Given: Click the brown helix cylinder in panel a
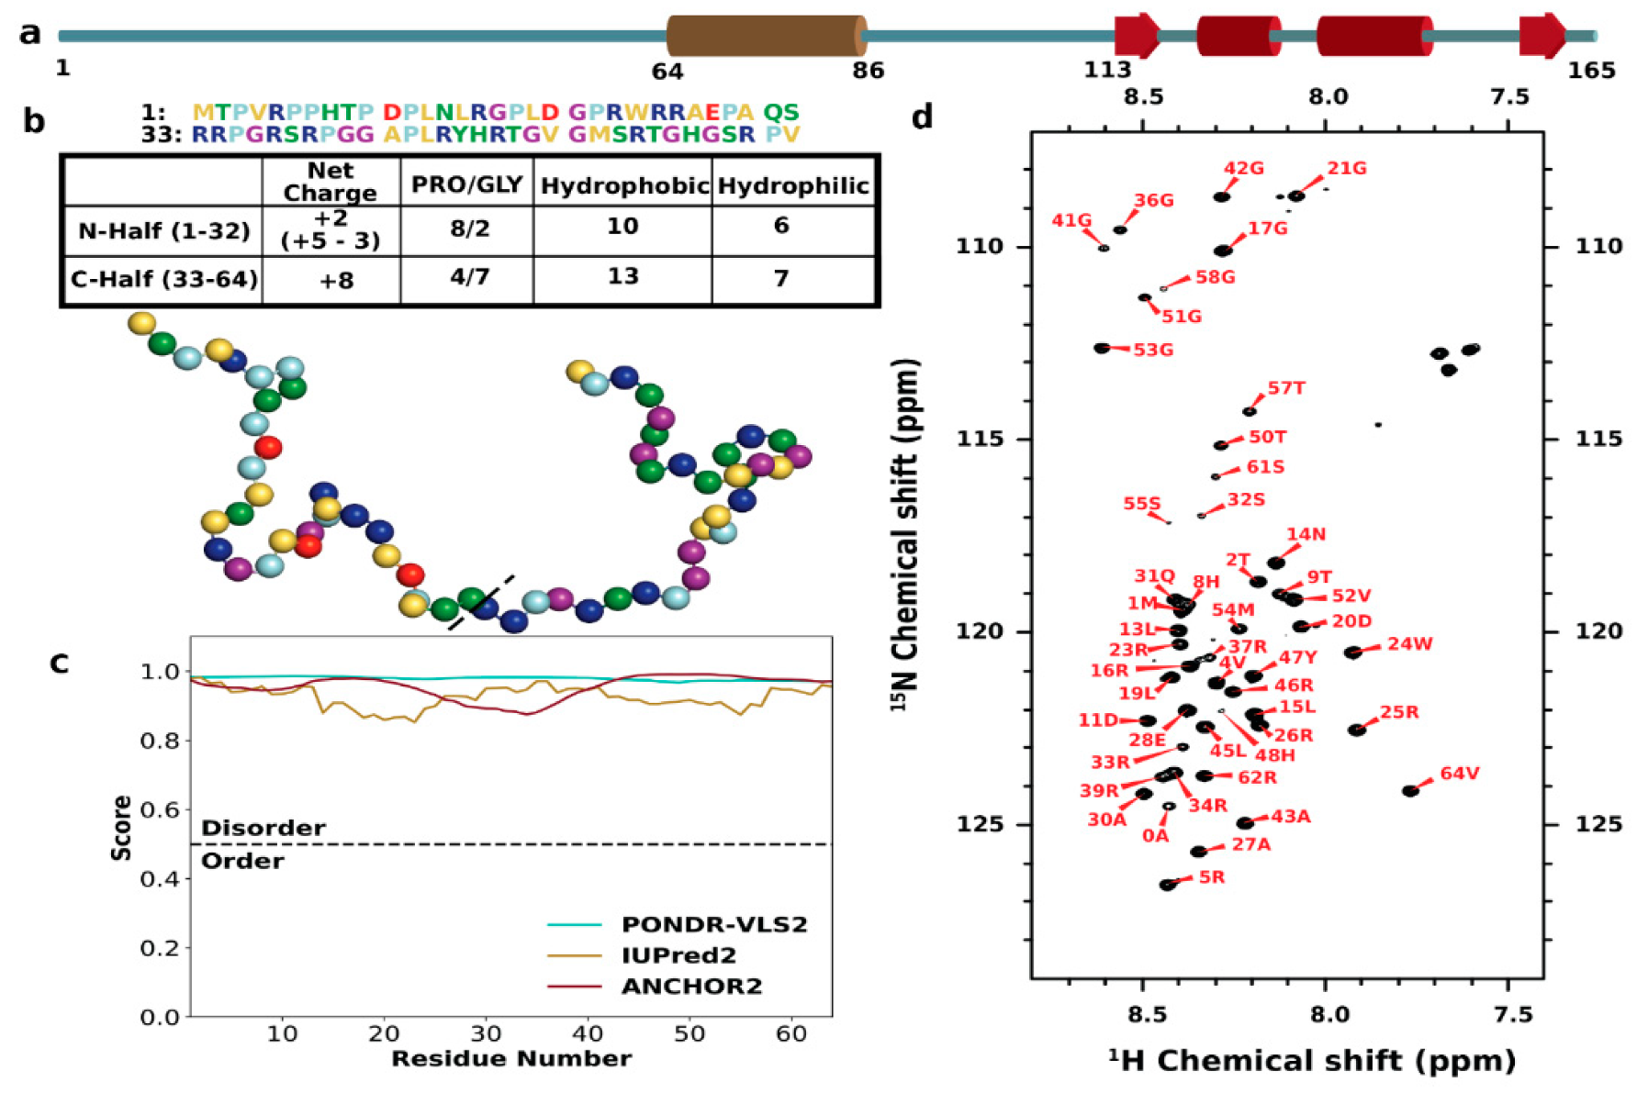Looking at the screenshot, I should [765, 36].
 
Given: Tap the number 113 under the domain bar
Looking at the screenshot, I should [1107, 70].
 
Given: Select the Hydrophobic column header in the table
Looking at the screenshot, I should [623, 186].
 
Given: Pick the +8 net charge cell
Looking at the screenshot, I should [336, 281].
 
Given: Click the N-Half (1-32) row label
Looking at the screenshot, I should [163, 230].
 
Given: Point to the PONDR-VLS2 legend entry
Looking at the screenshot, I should [713, 924].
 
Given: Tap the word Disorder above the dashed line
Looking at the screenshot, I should [263, 828].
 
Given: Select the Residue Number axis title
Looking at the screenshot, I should [510, 1059].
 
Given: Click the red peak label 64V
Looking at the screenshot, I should [1459, 774].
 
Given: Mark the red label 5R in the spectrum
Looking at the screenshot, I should [1211, 877].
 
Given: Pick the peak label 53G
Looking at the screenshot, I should [1152, 350].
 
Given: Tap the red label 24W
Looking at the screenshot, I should [1409, 644].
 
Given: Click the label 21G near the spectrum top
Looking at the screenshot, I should [1346, 169].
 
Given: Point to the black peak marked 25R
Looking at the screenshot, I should [1356, 730].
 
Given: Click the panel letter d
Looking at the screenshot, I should [923, 118].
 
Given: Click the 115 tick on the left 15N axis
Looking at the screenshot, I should [980, 439].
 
